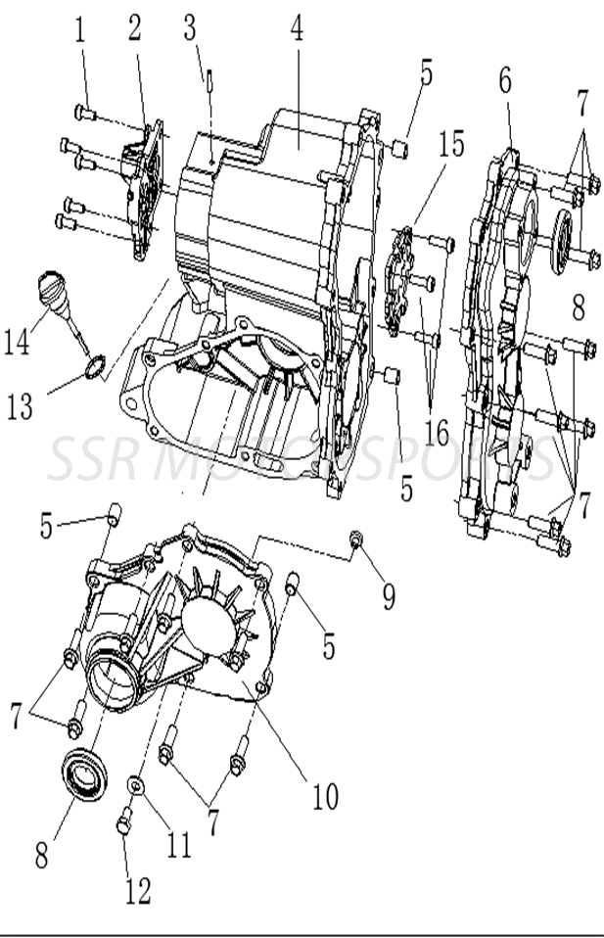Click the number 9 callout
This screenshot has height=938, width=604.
[389, 596]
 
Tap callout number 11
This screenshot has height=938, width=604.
[177, 843]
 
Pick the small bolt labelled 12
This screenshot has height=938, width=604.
[123, 824]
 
